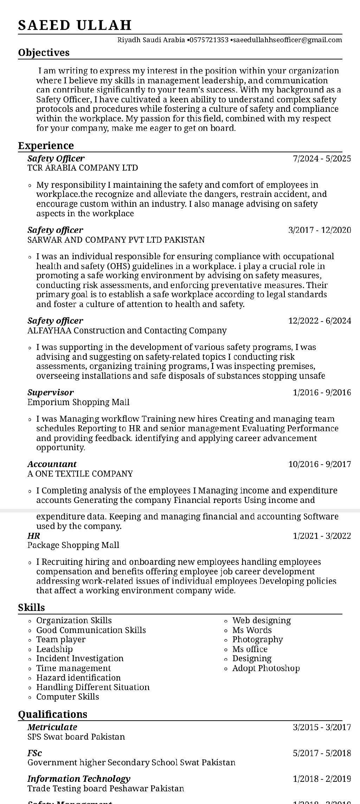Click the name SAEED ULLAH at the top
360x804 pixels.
pos(75,25)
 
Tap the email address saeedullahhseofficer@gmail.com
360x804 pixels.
pos(287,40)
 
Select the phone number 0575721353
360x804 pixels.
pos(209,40)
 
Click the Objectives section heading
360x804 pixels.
pos(44,53)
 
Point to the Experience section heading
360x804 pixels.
pos(46,146)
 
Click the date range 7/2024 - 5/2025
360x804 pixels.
pos(322,159)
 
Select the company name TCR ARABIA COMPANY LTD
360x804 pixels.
pos(83,168)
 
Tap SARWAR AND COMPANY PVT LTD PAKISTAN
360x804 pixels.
pos(116,240)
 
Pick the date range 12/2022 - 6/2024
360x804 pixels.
pos(320,321)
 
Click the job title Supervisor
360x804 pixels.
pos(51,393)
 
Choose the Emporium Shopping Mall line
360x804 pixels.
pos(78,402)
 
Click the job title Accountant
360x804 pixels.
pos(52,464)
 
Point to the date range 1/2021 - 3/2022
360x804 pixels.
pos(322,536)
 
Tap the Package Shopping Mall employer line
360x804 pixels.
pos(73,545)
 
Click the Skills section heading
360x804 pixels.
pos(32,608)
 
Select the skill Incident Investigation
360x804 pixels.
pos(80,658)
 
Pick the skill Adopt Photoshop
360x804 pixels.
pos(266,668)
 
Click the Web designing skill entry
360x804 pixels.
pos(262,620)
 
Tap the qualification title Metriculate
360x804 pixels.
pos(52,727)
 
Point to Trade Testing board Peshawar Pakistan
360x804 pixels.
pos(106,789)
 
